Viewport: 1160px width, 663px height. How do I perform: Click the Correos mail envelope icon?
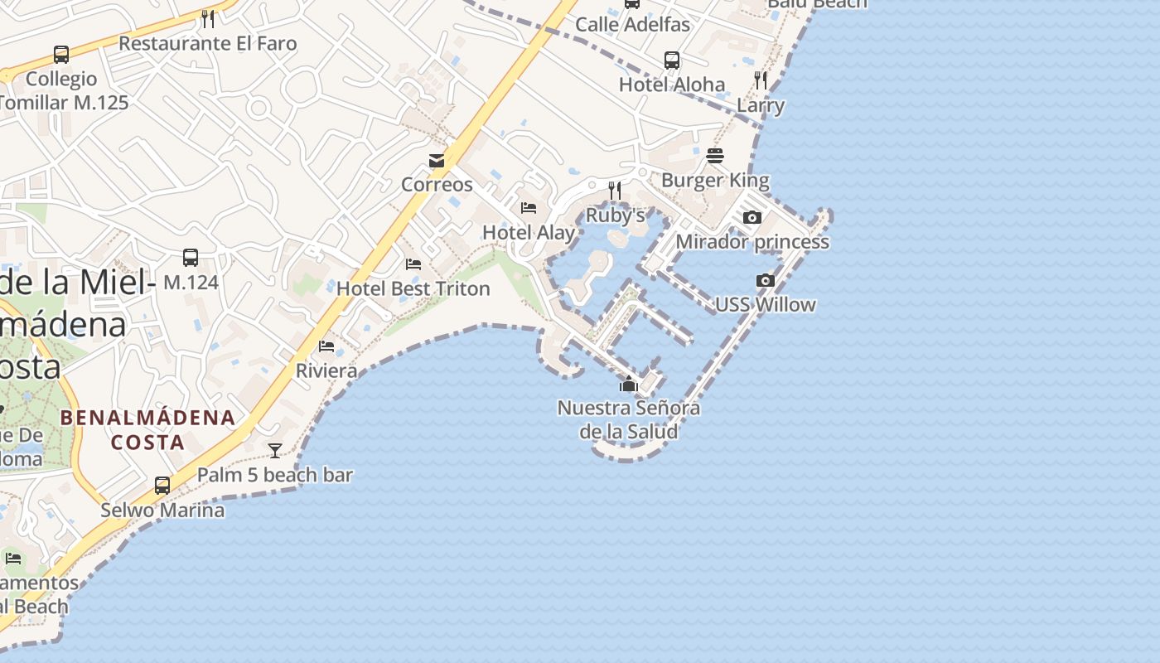[437, 161]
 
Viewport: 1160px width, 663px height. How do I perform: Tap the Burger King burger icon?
[715, 156]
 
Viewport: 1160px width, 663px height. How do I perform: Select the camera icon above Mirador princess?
[752, 218]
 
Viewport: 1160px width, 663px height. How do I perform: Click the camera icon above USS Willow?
[766, 281]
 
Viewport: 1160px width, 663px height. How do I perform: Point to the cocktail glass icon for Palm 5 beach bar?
[275, 451]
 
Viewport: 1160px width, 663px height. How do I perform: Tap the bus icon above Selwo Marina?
[162, 486]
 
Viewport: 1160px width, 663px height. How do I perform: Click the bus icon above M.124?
[191, 258]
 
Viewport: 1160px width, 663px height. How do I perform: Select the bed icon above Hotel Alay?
[529, 208]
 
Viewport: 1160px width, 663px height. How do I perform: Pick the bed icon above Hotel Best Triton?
[413, 264]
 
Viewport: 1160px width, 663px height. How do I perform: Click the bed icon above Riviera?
[326, 346]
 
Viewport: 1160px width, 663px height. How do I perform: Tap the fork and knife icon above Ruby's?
[615, 191]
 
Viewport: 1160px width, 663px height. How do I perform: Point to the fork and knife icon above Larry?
[761, 80]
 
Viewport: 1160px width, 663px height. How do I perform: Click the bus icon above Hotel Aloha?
[672, 60]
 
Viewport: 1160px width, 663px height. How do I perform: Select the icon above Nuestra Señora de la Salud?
[629, 384]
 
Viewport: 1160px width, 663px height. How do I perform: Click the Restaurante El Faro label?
[208, 43]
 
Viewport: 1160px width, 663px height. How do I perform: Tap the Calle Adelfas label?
[633, 24]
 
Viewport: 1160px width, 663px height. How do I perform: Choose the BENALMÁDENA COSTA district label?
[148, 429]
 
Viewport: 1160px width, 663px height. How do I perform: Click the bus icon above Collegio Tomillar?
[61, 55]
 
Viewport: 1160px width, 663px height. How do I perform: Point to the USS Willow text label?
[766, 305]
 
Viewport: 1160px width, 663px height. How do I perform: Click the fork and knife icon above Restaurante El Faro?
[208, 18]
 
